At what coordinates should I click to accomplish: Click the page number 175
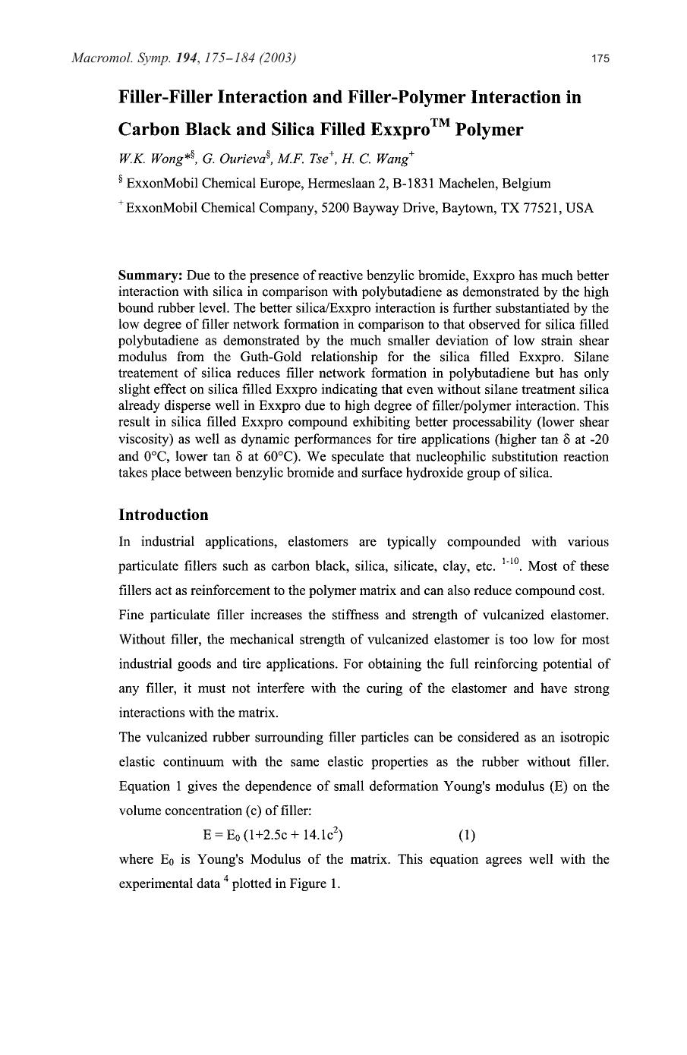pyautogui.click(x=600, y=58)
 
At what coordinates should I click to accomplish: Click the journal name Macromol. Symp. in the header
pyautogui.click(x=110, y=58)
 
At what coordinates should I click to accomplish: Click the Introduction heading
pyautogui.click(x=163, y=515)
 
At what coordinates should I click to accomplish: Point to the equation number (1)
pyautogui.click(x=467, y=836)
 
